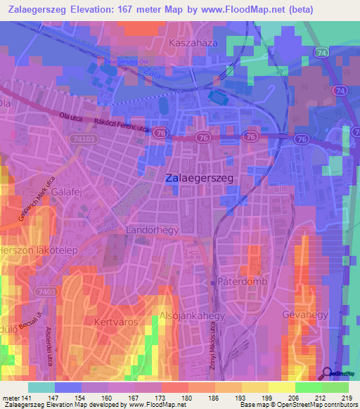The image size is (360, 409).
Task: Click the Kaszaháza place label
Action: coord(191,44)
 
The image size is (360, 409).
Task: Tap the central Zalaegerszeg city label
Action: coord(200,179)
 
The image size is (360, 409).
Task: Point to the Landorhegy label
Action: coord(153,230)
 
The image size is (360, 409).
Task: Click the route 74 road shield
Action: coord(321,53)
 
